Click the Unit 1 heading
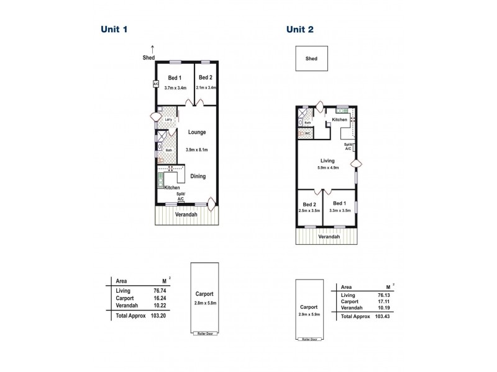115,29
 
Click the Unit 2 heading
299,29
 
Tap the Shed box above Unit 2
311,60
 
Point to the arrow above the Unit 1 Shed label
152,48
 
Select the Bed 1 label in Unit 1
174,78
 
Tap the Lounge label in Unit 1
196,132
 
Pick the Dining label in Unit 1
198,177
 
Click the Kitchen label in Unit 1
172,187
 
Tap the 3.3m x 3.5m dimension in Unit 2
339,211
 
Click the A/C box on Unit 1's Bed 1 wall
155,84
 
